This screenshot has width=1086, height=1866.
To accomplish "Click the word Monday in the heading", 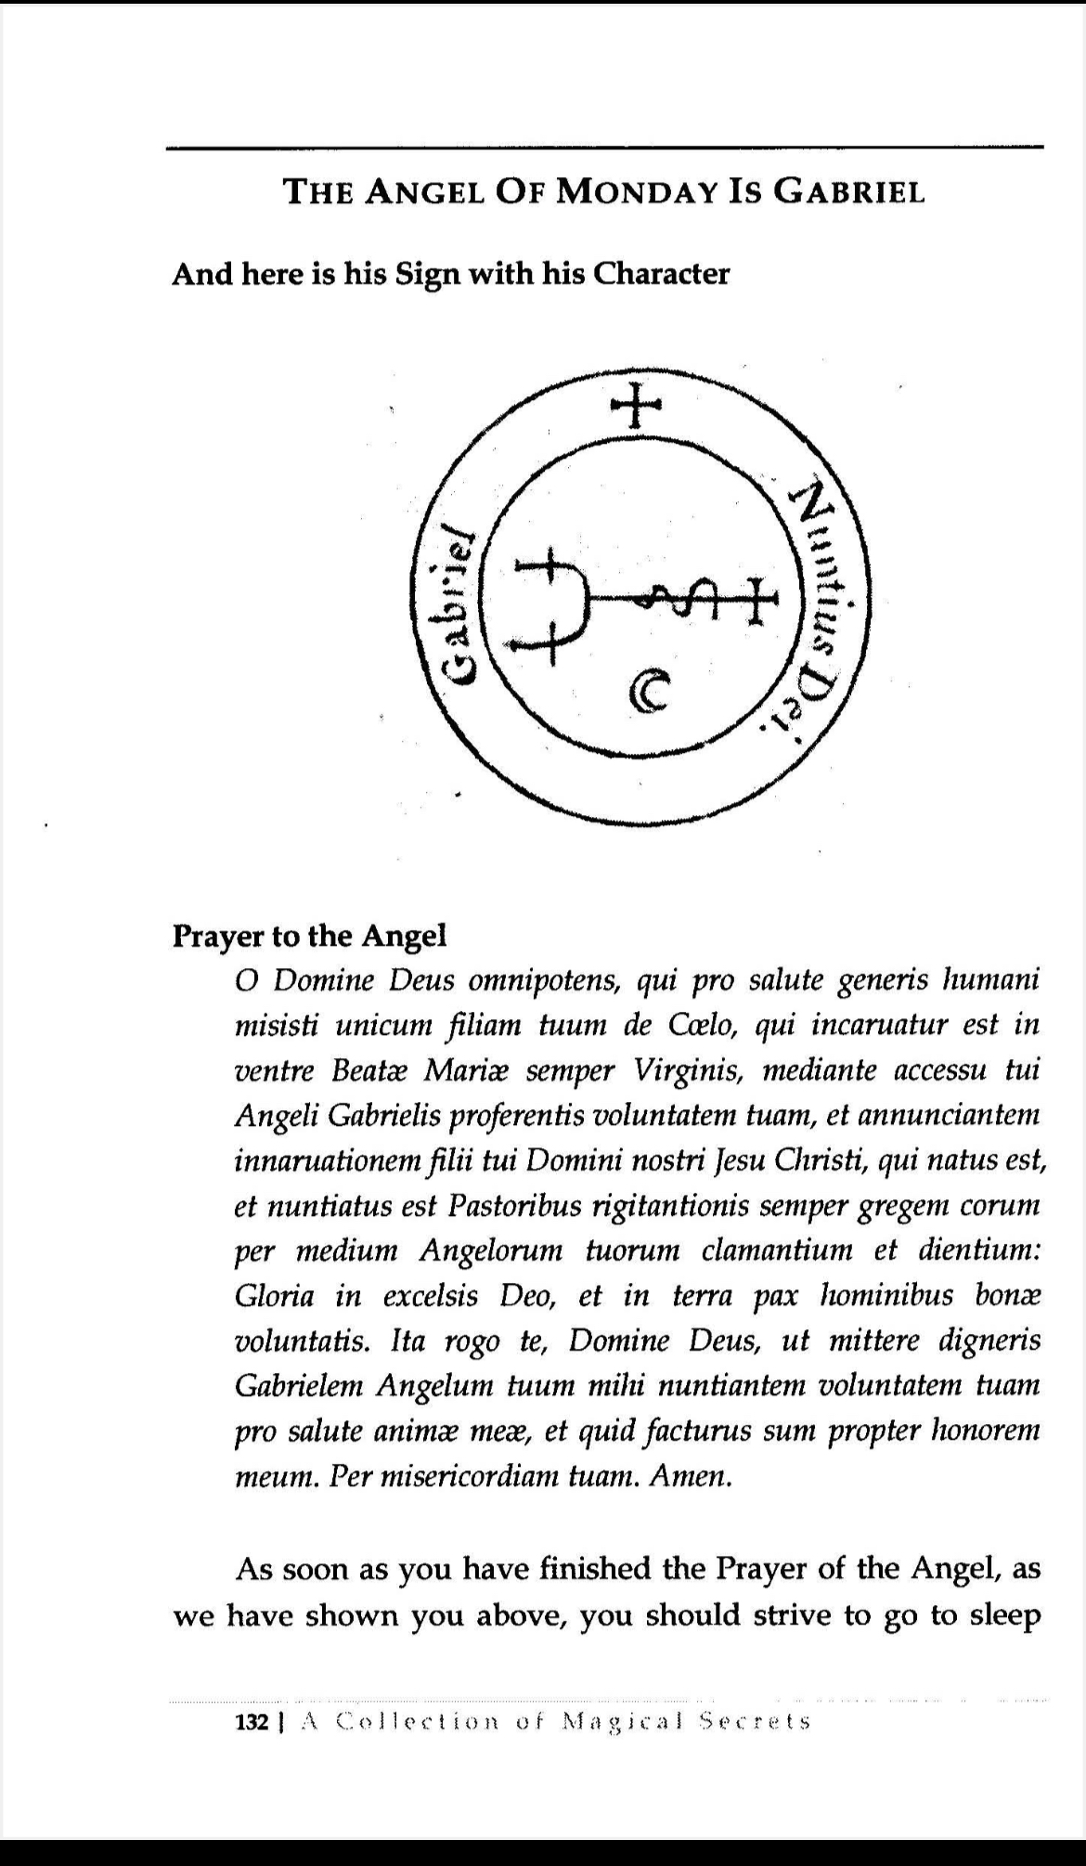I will tap(633, 192).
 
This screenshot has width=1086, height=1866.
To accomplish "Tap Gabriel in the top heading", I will tap(849, 192).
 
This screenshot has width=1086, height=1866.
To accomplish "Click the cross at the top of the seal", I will tap(636, 406).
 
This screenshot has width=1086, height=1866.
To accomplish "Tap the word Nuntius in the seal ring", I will tap(822, 557).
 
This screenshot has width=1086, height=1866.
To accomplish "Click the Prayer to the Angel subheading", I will tap(309, 936).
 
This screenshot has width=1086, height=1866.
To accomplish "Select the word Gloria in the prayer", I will tap(275, 1296).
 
